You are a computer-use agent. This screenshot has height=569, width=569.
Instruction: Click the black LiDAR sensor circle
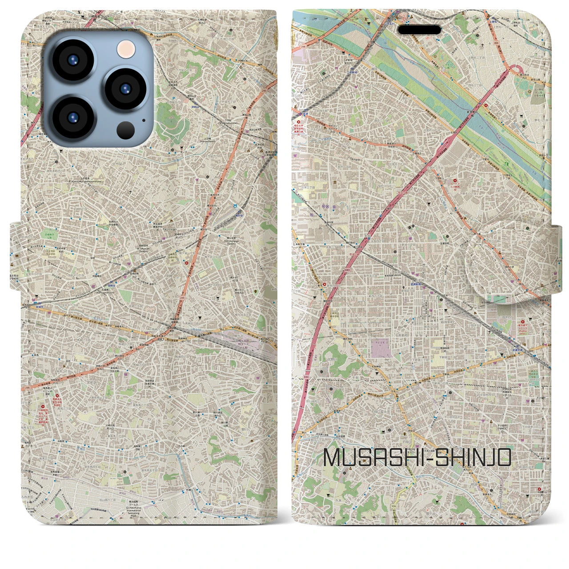click(x=126, y=130)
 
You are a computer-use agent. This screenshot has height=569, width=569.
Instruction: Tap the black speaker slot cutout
click(x=419, y=30)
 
